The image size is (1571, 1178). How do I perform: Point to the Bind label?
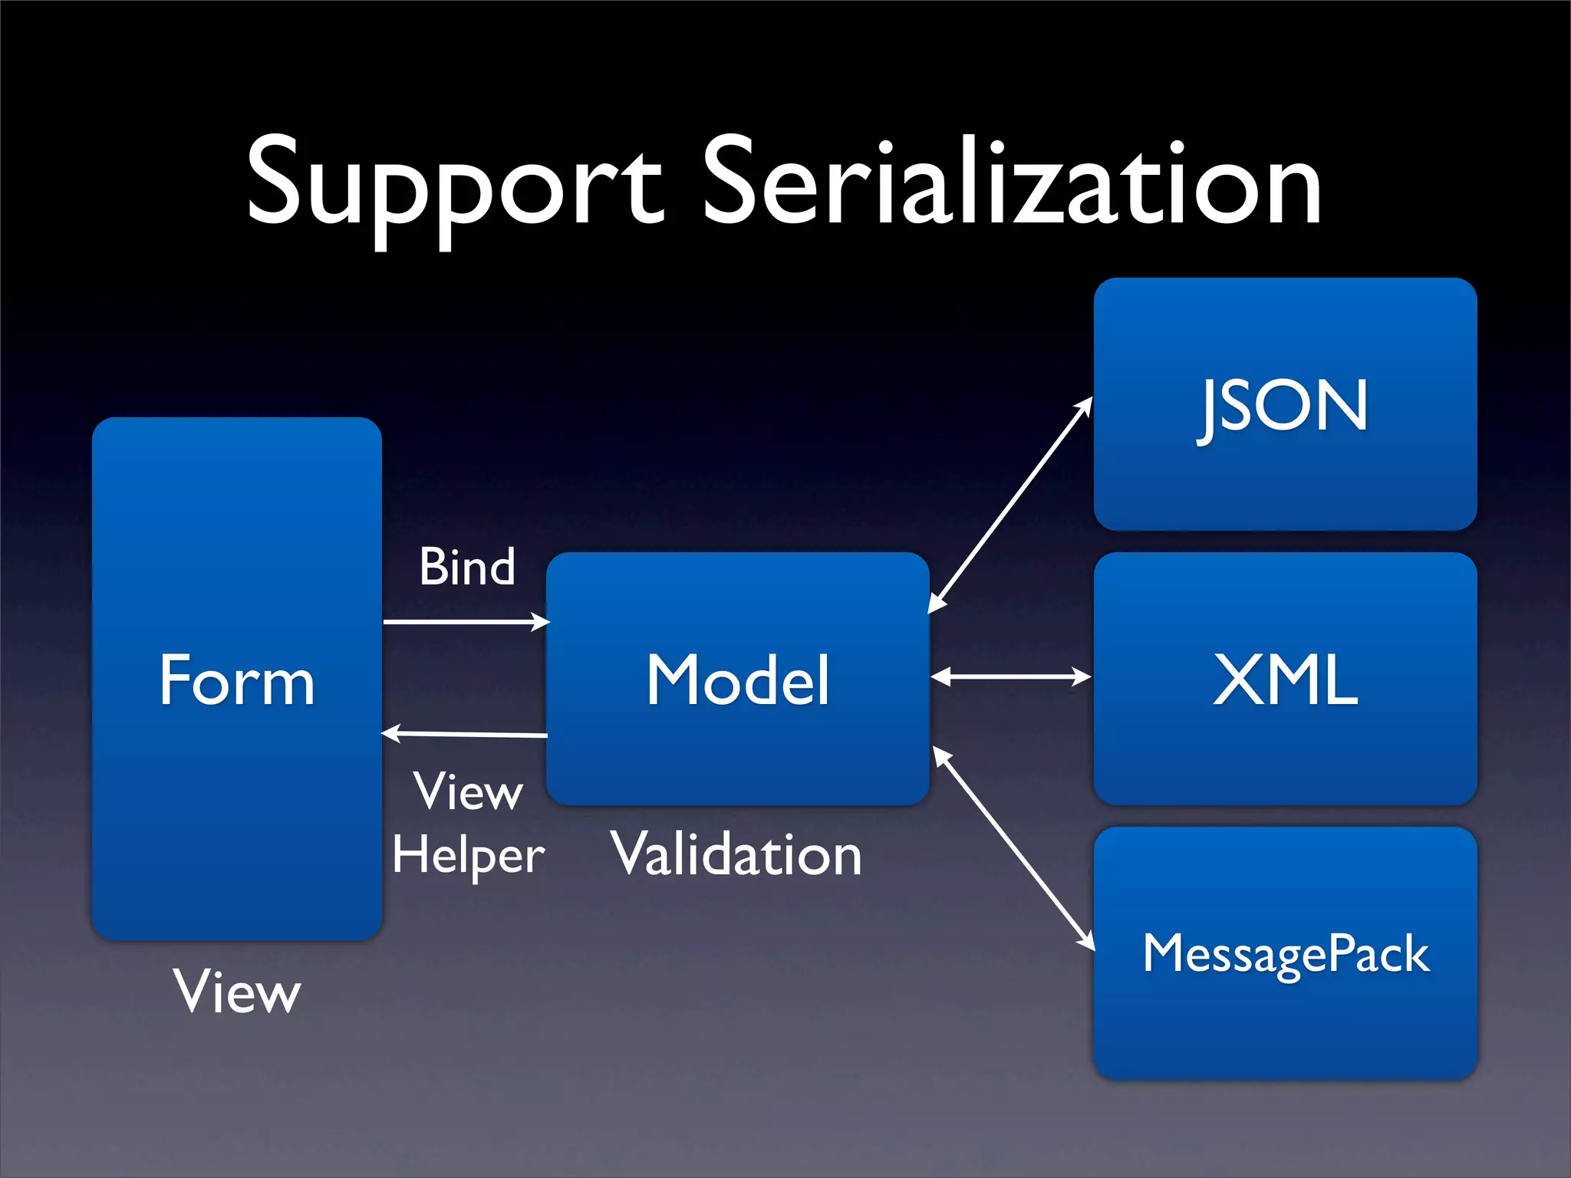point(466,568)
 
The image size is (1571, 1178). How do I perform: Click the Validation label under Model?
point(736,854)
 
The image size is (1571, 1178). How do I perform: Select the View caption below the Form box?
point(236,992)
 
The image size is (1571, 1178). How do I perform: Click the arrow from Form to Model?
point(465,621)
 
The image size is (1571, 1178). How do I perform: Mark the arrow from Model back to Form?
point(465,735)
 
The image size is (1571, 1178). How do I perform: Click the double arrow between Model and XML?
point(1010,676)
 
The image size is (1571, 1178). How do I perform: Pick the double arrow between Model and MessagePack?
point(1013,847)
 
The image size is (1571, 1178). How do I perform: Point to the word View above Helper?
point(468,791)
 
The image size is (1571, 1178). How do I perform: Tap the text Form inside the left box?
point(236,680)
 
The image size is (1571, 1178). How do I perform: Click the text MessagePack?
point(1286,954)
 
